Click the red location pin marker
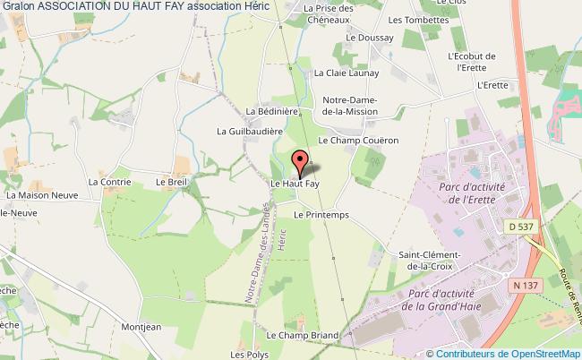[x=299, y=164]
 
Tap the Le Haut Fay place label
[x=295, y=184]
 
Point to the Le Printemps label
[x=320, y=216]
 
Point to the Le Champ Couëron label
[x=358, y=141]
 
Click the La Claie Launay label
[x=346, y=77]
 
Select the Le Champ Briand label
[x=303, y=336]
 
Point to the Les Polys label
[x=250, y=354]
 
